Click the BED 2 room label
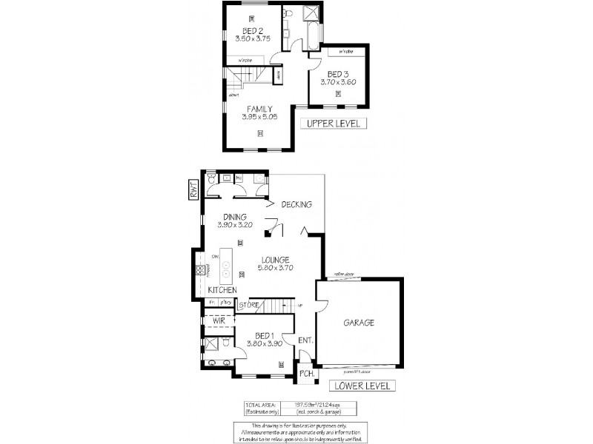(x=253, y=30)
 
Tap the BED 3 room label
(x=338, y=74)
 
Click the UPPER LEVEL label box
(x=333, y=124)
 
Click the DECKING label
(x=298, y=204)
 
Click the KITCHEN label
(x=222, y=289)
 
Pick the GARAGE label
(x=358, y=323)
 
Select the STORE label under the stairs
(x=248, y=304)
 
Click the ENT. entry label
(x=305, y=340)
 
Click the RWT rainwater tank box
(x=191, y=189)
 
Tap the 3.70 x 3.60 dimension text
(x=338, y=82)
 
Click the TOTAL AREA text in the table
(x=260, y=404)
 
